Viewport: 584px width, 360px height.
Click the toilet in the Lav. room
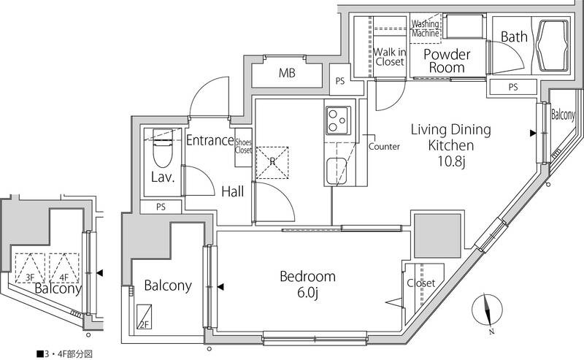point(163,148)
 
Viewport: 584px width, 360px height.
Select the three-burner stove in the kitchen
point(338,120)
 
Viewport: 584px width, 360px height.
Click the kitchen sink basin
point(337,171)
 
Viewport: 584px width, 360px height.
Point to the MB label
point(287,73)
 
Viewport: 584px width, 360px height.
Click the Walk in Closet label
point(390,57)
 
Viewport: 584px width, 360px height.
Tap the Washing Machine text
point(426,28)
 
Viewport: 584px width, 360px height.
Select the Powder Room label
point(447,61)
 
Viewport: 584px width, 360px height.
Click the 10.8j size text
point(451,161)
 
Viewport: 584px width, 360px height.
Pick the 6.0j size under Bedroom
point(307,293)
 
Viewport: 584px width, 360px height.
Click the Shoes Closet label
point(243,147)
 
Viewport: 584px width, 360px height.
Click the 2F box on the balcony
point(144,317)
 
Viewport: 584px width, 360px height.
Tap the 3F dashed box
point(30,268)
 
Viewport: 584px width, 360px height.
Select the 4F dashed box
point(64,268)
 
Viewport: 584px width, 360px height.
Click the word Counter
point(384,147)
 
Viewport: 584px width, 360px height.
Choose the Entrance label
point(210,140)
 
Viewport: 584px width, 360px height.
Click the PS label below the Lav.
point(161,207)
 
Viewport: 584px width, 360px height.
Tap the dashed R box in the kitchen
point(272,163)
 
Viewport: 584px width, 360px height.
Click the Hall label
point(233,191)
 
